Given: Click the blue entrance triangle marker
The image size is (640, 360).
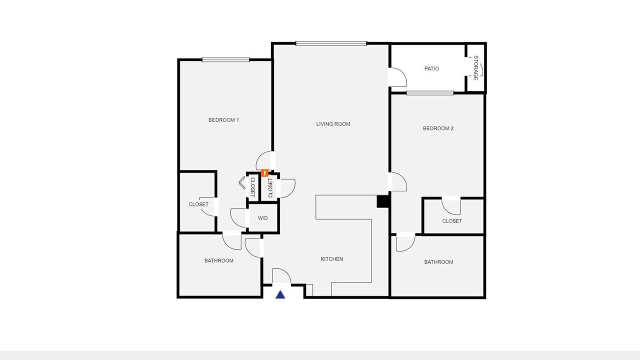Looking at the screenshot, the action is tap(280, 294).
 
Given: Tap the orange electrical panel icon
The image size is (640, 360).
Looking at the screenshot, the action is tap(265, 173).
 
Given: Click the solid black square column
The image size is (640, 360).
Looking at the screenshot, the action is tap(382, 201).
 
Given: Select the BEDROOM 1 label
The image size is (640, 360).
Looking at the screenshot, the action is tap(223, 120).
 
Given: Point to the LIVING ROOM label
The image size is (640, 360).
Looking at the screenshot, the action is tap(333, 124).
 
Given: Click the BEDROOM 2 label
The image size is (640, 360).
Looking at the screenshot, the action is tap(438, 128).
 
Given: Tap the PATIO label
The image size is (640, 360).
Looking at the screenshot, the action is tap(431, 68).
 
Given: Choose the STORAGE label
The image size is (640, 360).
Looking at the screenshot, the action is tap(475, 68).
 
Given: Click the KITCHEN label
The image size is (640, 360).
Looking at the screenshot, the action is tap(331, 259).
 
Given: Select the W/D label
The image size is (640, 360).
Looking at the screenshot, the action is tap(263, 218).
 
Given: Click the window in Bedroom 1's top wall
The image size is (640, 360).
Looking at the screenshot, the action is tap(225, 59).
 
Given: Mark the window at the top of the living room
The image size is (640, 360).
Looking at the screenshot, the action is tap(331, 43).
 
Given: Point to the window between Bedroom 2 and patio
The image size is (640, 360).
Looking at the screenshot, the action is tap(430, 93).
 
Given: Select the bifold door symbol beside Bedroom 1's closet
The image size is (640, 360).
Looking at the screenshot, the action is tap(241, 183).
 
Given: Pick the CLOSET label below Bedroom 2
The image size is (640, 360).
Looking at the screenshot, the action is tap(452, 221).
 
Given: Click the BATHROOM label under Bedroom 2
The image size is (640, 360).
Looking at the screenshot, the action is tap(438, 262).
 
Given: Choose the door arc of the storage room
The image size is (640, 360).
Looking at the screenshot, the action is tap(481, 69).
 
